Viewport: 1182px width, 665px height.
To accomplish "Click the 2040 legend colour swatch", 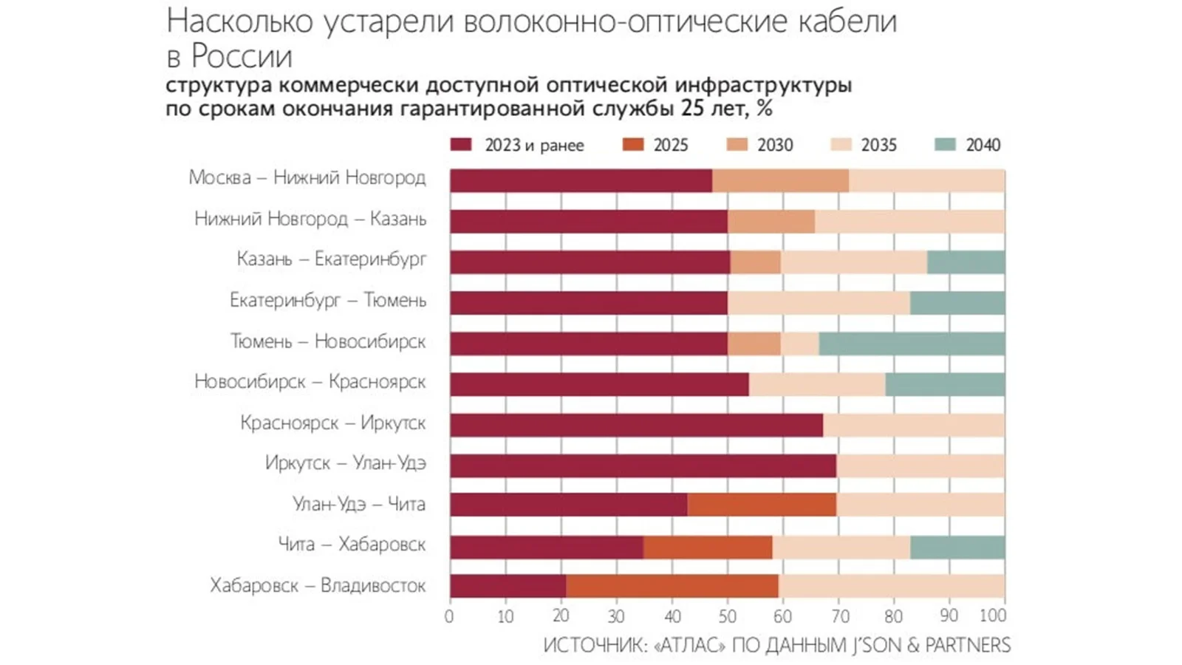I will click(x=946, y=144).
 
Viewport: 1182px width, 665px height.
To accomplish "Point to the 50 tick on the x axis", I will click(x=728, y=615).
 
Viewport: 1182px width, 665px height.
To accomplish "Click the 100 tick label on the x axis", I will click(x=993, y=615).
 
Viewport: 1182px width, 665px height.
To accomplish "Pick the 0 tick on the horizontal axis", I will click(x=449, y=615).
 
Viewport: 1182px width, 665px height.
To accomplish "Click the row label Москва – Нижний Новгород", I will click(x=307, y=177).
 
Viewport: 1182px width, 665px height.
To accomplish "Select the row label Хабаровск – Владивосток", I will click(x=318, y=585).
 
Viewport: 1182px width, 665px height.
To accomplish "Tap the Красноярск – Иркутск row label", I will click(x=332, y=423).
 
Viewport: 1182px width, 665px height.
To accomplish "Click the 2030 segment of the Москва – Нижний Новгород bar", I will click(x=780, y=181).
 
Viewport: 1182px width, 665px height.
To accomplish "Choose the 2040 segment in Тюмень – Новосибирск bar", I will click(x=912, y=344).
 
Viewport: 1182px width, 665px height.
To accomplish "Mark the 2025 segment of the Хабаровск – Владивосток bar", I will click(x=672, y=586).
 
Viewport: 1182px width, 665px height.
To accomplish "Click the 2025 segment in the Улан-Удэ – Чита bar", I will click(x=762, y=505).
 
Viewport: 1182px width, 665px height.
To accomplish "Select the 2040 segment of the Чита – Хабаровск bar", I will click(x=957, y=548).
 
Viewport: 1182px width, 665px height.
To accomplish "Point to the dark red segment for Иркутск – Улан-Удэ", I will click(x=643, y=465).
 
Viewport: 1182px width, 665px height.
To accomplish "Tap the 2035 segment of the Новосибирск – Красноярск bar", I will click(x=817, y=384).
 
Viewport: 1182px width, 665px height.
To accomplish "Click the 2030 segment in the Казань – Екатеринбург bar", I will click(x=755, y=262).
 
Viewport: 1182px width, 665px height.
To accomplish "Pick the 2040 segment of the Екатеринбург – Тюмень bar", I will click(x=957, y=303).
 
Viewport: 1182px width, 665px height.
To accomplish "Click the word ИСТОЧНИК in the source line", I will click(x=595, y=645).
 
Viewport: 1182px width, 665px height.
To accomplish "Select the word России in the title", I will click(x=242, y=57).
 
